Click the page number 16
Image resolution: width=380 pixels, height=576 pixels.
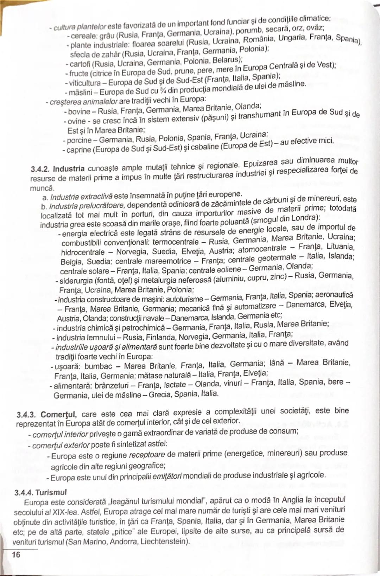16,555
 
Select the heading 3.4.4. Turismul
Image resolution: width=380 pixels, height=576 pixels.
40,492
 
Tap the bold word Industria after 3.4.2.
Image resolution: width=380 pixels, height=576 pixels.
69,169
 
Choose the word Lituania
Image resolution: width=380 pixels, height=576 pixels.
340,246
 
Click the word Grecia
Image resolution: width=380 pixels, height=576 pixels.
160,395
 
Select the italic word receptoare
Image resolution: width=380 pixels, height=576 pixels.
147,455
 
